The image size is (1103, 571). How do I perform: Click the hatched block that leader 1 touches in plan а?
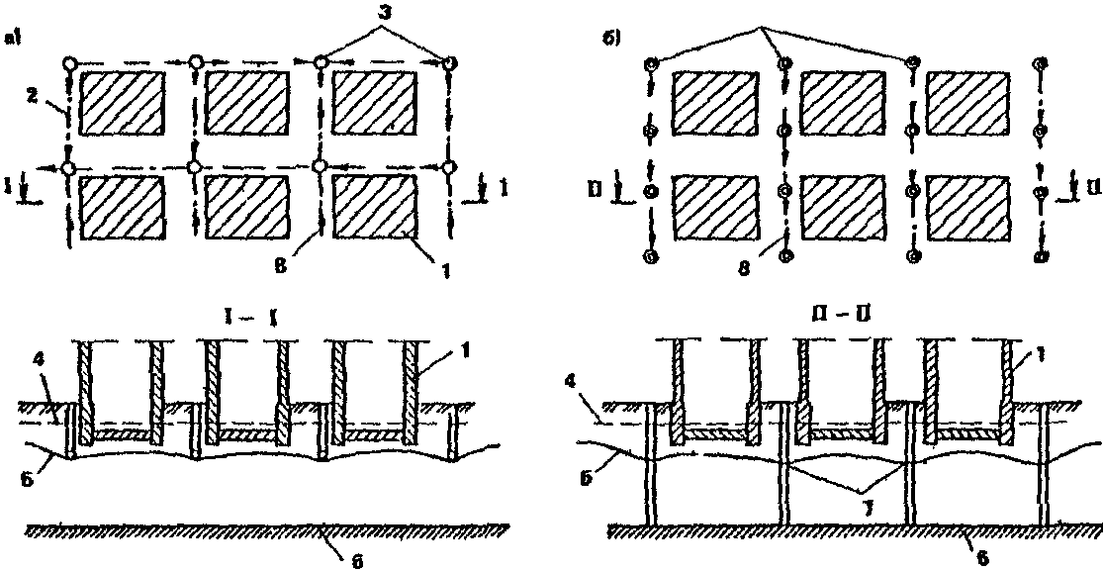tap(374, 206)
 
